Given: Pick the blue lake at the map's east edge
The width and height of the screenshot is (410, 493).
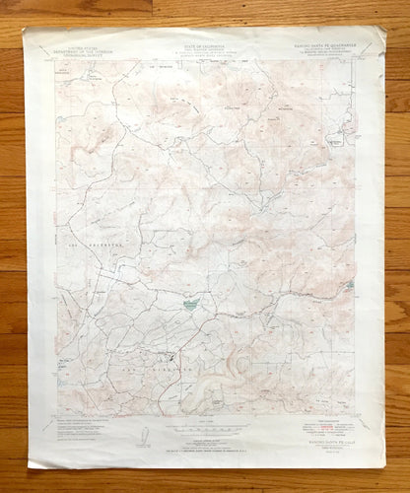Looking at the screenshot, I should (351, 286).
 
